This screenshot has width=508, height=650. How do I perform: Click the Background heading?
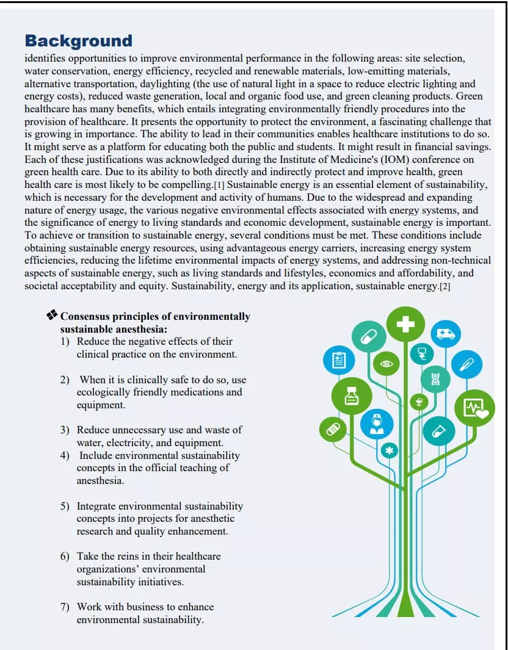pos(78,41)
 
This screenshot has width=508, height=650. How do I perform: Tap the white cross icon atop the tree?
pos(405,325)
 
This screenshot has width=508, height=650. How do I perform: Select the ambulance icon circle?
pos(446,333)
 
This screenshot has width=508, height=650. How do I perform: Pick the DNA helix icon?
pos(435,379)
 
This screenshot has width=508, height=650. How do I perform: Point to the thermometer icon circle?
pos(466,365)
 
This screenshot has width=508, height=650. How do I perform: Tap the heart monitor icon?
pos(475,408)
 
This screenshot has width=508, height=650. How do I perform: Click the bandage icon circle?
pos(335,429)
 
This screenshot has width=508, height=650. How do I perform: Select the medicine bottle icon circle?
pos(350,397)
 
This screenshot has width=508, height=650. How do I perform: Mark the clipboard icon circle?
pos(338,360)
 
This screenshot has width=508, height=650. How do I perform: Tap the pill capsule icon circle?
pos(369,336)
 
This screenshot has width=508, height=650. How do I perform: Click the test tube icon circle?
pos(438,431)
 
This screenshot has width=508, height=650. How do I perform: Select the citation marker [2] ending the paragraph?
pos(445,287)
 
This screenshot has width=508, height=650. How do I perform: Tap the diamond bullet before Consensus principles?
pos(52,315)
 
